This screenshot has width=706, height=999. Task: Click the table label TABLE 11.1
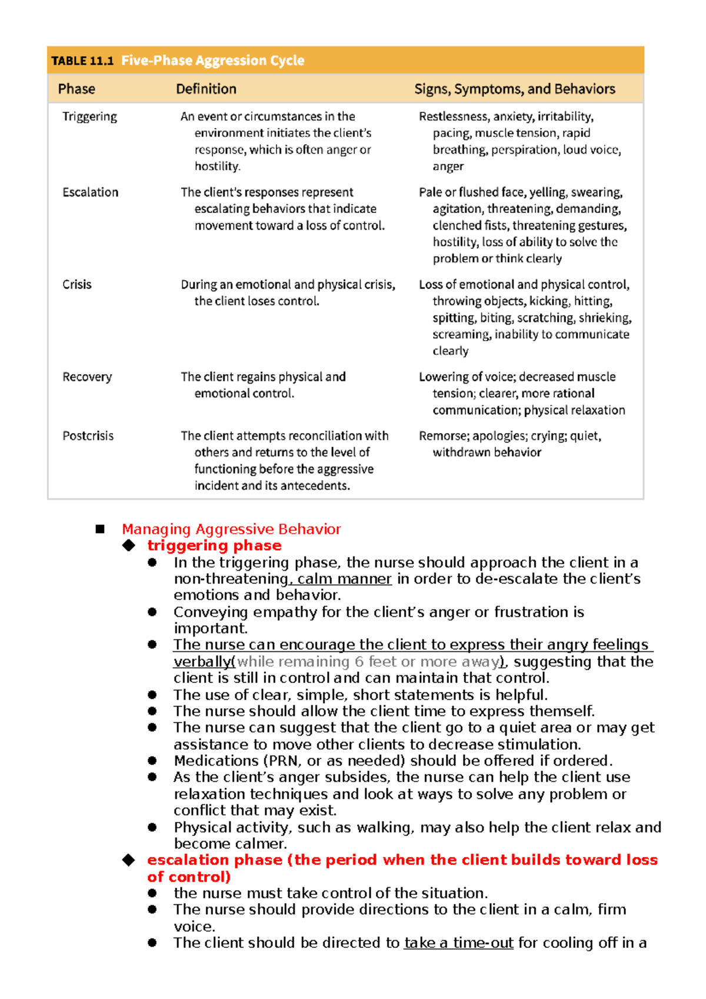click(x=82, y=61)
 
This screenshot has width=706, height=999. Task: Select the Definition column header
click(x=206, y=89)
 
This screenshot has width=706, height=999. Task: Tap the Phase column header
click(x=76, y=89)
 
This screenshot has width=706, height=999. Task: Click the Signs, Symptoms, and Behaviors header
click(x=514, y=89)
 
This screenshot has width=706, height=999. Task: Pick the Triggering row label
click(x=89, y=116)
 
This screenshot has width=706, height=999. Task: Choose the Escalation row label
click(x=90, y=192)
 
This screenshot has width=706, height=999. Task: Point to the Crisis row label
click(x=77, y=285)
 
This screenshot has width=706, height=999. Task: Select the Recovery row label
click(x=87, y=377)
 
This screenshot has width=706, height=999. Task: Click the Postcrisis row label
click(x=88, y=436)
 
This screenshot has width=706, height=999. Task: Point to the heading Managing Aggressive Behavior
click(x=231, y=529)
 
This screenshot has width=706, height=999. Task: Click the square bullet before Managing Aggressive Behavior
click(x=100, y=529)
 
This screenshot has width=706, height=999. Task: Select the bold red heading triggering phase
click(x=214, y=545)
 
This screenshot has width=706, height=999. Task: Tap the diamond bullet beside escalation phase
click(x=128, y=860)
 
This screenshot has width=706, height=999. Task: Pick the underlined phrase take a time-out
click(x=458, y=943)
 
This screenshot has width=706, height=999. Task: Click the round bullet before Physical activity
click(x=152, y=827)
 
